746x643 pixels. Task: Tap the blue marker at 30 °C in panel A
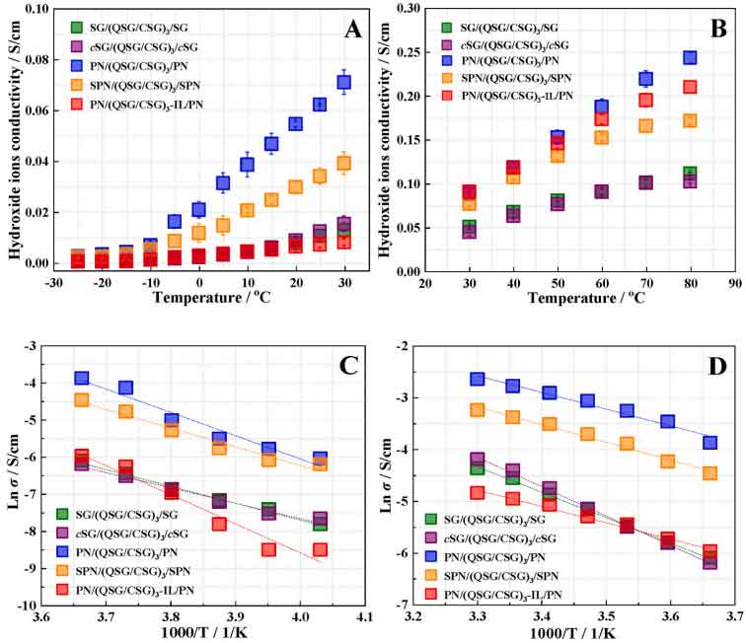tap(344, 82)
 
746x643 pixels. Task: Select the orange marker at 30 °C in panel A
tap(344, 163)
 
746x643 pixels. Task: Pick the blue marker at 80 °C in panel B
tap(690, 58)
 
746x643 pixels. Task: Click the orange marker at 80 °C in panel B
tap(690, 120)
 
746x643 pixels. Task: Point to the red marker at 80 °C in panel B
tap(690, 87)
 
